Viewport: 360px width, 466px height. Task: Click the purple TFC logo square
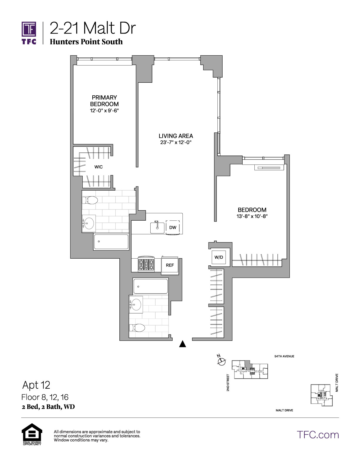tap(29, 29)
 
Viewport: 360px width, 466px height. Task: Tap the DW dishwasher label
tap(173, 227)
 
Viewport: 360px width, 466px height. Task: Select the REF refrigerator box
tap(170, 265)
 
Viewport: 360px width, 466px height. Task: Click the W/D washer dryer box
tap(219, 257)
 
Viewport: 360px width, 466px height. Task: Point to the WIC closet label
tap(99, 167)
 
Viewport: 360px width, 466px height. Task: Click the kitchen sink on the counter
tap(157, 227)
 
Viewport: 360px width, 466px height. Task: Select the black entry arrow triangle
tap(182, 344)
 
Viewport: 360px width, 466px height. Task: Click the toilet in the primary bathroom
tap(90, 200)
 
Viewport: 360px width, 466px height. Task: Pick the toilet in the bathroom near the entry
tap(137, 328)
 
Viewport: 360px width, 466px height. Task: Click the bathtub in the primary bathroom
tap(111, 242)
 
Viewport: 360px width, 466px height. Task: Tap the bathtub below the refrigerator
tap(151, 286)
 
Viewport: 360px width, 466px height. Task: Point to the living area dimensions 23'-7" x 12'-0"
tap(176, 142)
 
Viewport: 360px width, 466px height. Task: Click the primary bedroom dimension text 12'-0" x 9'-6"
tap(104, 111)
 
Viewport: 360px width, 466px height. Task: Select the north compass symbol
tap(221, 361)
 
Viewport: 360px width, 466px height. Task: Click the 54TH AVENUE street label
tap(284, 356)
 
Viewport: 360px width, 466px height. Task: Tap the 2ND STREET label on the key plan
tap(228, 382)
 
